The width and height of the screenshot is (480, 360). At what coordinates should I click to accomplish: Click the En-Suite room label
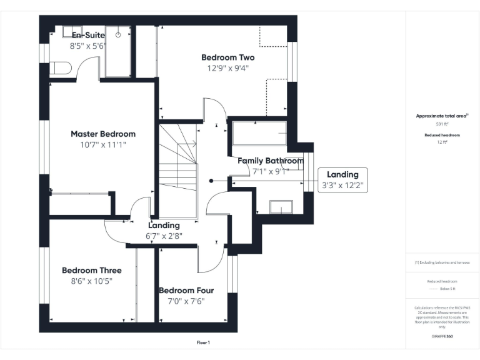(88, 35)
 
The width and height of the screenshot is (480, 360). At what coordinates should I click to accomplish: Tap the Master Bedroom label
(102, 134)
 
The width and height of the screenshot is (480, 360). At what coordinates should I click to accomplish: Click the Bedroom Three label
(91, 271)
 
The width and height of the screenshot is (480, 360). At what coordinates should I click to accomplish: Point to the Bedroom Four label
(186, 291)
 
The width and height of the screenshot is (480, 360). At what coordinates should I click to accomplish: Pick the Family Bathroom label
(270, 161)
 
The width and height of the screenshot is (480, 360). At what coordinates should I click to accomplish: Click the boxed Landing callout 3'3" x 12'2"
(342, 180)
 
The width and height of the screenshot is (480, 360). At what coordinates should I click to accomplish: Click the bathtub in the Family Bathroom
(259, 134)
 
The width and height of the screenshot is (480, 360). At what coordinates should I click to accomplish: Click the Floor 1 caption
(203, 342)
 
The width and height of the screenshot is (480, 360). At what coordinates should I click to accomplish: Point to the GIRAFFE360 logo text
(442, 337)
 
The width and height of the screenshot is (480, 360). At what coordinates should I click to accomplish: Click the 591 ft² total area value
(442, 124)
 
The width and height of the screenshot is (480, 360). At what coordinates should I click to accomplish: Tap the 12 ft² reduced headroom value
(442, 142)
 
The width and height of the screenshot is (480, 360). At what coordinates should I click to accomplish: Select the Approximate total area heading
(441, 116)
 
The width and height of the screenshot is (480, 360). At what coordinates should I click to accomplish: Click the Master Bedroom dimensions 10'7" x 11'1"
(102, 145)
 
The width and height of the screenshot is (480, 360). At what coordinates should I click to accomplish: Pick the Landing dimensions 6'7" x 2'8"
(164, 236)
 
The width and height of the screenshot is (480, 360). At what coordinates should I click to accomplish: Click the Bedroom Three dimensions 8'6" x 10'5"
(91, 281)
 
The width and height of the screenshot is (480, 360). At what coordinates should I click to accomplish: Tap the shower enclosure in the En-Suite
(118, 51)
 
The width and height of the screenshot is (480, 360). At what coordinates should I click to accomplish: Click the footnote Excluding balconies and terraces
(442, 262)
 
